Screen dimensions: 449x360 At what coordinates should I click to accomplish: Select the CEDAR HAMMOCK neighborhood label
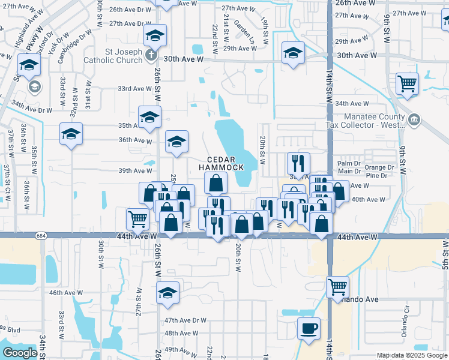221,163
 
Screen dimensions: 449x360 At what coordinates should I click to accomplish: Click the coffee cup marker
309,329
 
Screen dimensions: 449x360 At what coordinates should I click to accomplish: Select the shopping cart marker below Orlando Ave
338,287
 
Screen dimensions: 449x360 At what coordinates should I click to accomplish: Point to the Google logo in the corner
19,353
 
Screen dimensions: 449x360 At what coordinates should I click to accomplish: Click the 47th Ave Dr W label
185,320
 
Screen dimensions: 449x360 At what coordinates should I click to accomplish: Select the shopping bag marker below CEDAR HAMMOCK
216,182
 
